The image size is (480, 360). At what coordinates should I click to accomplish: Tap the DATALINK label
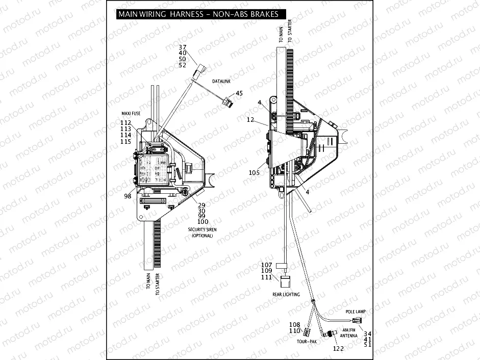pyautogui.click(x=222, y=82)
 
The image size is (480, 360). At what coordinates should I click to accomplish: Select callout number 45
pyautogui.click(x=239, y=93)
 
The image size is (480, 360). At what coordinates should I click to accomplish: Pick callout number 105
pyautogui.click(x=254, y=173)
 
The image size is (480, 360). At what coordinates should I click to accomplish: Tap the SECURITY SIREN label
pyautogui.click(x=202, y=230)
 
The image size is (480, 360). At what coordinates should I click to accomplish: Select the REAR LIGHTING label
pyautogui.click(x=287, y=295)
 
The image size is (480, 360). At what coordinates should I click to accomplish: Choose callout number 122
pyautogui.click(x=338, y=348)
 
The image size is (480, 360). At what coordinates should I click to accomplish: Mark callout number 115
pyautogui.click(x=125, y=142)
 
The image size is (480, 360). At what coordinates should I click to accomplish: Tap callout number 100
pyautogui.click(x=203, y=222)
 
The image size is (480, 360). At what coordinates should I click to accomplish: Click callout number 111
pyautogui.click(x=267, y=277)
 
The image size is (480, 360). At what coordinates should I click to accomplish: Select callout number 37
pyautogui.click(x=183, y=47)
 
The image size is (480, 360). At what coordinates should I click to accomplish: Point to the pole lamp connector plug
pyautogui.click(x=357, y=320)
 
